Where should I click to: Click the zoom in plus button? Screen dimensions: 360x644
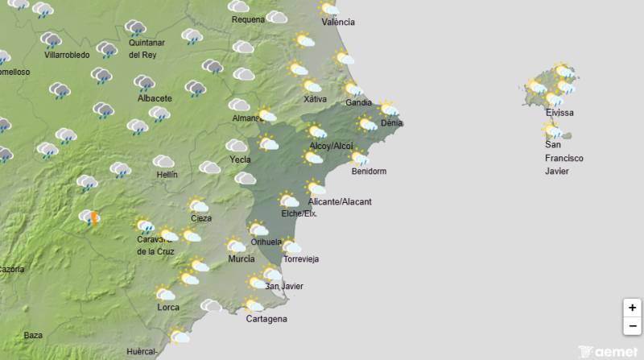pyautogui.click(x=632, y=308)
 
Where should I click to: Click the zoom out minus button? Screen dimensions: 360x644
pyautogui.click(x=632, y=325)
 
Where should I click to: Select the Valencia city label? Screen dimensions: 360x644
pyautogui.click(x=337, y=22)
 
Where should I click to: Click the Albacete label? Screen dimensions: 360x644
pyautogui.click(x=155, y=98)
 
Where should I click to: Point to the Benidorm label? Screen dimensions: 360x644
pyautogui.click(x=369, y=172)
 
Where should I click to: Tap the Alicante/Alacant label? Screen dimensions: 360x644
pyautogui.click(x=339, y=201)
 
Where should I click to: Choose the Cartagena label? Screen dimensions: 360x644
pyautogui.click(x=266, y=319)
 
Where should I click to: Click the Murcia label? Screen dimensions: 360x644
pyautogui.click(x=242, y=259)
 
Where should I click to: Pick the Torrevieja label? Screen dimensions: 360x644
pyautogui.click(x=302, y=259)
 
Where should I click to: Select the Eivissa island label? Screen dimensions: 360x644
pyautogui.click(x=559, y=113)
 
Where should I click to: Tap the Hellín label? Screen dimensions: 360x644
pyautogui.click(x=167, y=175)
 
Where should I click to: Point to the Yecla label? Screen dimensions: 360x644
pyautogui.click(x=240, y=159)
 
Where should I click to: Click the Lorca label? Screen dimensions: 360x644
pyautogui.click(x=168, y=308)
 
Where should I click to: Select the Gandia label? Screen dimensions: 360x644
pyautogui.click(x=358, y=102)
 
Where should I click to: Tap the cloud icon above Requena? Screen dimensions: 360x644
pyautogui.click(x=240, y=6)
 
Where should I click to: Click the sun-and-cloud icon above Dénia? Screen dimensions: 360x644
pyautogui.click(x=390, y=109)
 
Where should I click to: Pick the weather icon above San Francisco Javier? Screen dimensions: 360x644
pyautogui.click(x=552, y=130)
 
